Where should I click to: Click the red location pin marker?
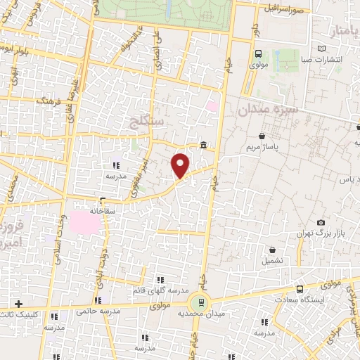pos(181,165)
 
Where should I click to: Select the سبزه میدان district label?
pos(268,110)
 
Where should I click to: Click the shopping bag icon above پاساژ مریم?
pos(262,136)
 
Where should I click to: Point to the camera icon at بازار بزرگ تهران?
pos(321,223)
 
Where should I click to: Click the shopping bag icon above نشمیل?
pos(272,250)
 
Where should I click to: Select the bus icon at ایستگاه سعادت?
pos(300,288)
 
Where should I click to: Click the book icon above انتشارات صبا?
pos(321,49)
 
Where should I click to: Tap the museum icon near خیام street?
pos(203,146)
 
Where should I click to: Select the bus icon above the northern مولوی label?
pos(257,53)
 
